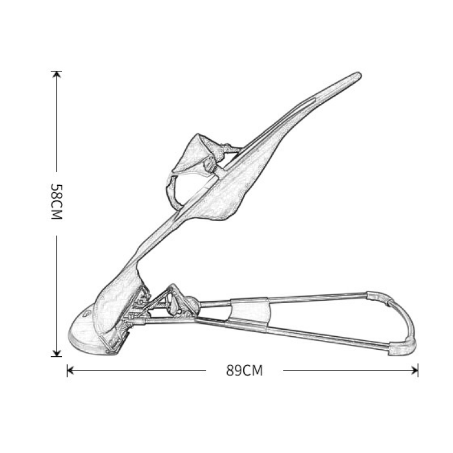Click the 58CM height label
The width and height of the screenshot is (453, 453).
57,201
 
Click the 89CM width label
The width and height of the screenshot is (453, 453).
244,370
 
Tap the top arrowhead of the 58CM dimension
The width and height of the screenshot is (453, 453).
57,73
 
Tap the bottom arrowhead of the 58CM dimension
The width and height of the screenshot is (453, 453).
57,354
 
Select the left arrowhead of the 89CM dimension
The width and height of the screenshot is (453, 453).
70,370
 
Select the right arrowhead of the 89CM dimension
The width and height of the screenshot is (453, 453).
415,370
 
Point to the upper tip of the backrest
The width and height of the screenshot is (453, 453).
359,74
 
